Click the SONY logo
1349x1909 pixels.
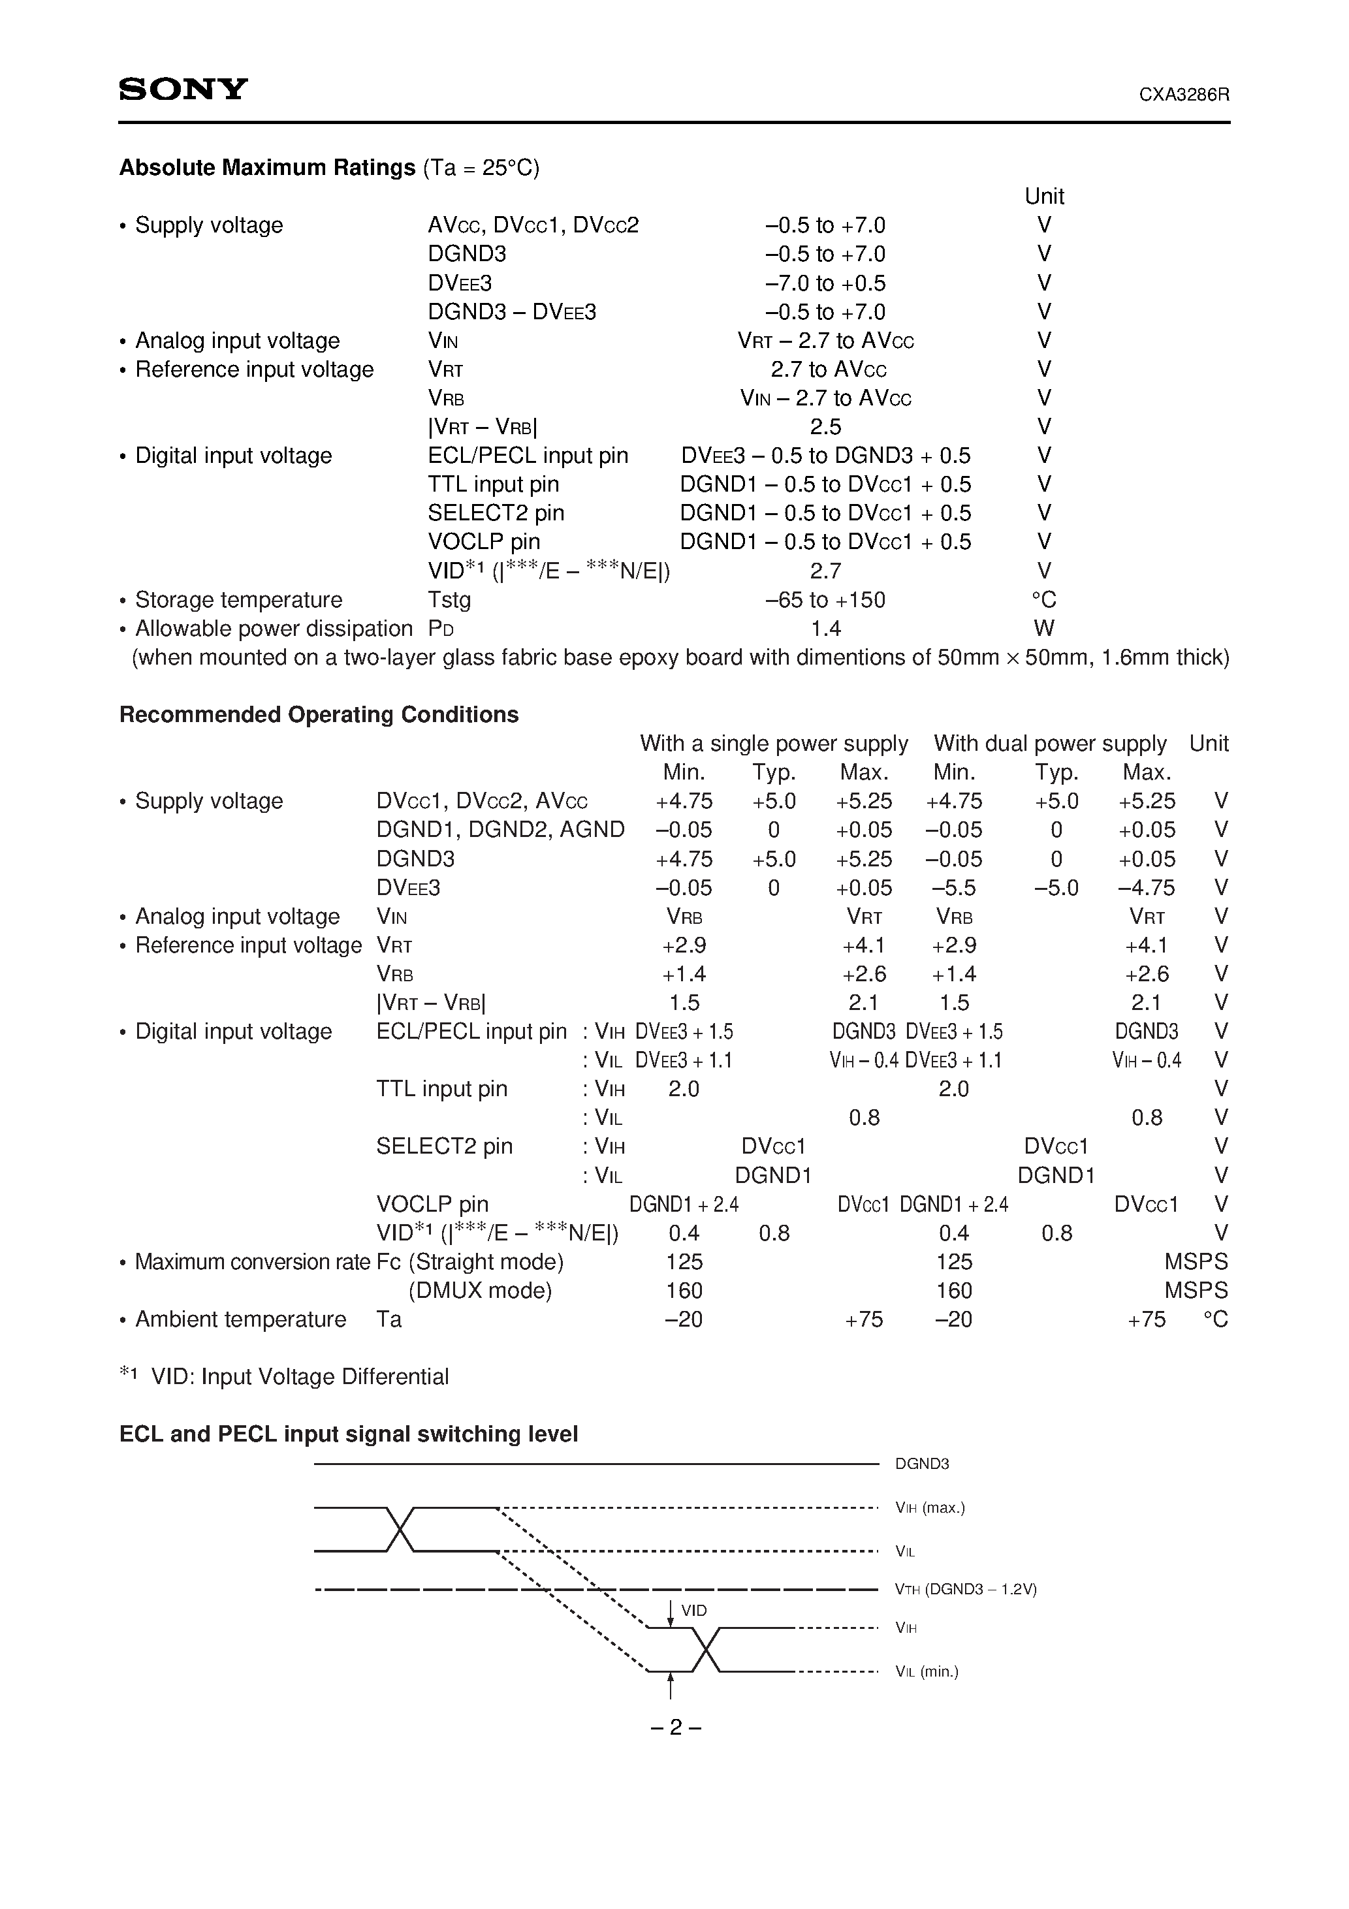coord(183,89)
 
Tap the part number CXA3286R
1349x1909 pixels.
coord(1184,95)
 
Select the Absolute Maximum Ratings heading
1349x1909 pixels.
coord(267,168)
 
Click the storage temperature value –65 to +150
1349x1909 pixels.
coord(825,599)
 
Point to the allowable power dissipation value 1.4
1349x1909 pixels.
coord(826,629)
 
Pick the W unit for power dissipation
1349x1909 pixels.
coord(1045,629)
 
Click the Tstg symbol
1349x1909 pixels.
coord(449,599)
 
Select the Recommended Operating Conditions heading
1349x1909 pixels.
coord(319,714)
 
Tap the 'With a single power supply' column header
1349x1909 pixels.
coord(774,744)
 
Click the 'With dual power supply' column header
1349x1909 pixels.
coord(1049,744)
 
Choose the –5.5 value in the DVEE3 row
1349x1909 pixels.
coord(953,888)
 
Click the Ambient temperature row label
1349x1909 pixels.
coord(240,1319)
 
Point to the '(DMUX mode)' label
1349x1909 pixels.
coord(480,1291)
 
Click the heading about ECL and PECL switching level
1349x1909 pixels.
coord(349,1434)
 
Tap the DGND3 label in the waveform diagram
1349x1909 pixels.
coord(921,1487)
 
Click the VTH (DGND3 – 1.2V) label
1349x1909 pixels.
coord(966,1589)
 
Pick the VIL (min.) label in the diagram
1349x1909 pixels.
coord(927,1671)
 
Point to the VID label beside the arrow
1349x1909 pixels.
coord(693,1611)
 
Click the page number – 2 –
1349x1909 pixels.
coord(674,1728)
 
